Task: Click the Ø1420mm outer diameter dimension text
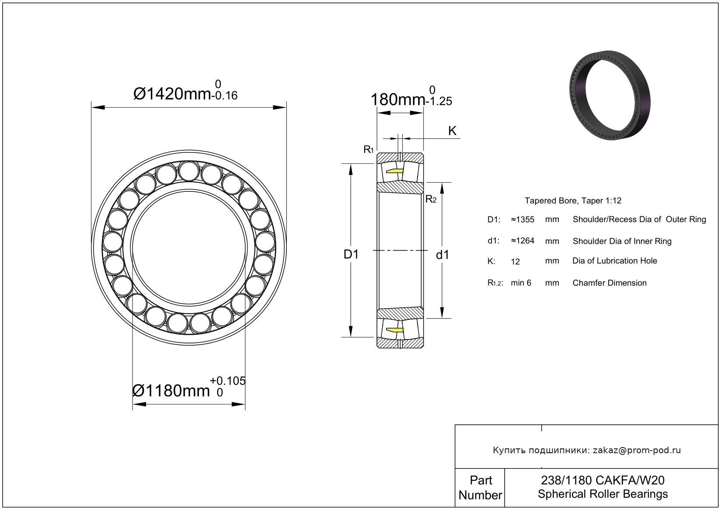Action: (172, 94)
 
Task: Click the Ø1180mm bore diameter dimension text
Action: (171, 391)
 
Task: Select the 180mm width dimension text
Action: (398, 100)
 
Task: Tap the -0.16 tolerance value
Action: (225, 96)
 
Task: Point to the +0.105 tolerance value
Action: (227, 381)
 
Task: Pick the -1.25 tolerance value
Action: (439, 101)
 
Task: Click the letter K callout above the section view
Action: (452, 131)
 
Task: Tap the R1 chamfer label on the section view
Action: (369, 149)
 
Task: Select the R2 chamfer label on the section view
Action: (431, 199)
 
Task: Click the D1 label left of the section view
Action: (351, 254)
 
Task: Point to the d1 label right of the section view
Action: (442, 255)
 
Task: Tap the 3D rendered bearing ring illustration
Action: (610, 95)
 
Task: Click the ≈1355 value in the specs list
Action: (523, 220)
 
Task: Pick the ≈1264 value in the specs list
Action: (523, 241)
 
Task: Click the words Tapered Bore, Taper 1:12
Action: (573, 201)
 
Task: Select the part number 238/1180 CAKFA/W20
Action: (603, 480)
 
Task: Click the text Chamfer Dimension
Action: (610, 283)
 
